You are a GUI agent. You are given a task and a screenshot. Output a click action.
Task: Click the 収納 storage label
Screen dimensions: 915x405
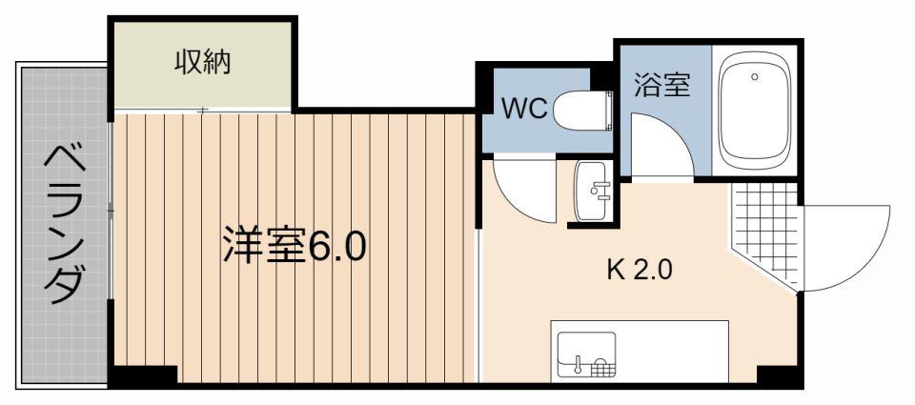202,63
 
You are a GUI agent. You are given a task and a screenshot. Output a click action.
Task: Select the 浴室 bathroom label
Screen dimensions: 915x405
662,87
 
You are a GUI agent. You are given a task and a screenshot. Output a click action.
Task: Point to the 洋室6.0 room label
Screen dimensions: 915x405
295,247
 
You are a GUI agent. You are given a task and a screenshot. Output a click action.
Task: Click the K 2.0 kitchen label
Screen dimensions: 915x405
640,271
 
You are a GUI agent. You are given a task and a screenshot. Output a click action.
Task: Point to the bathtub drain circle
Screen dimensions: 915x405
755,76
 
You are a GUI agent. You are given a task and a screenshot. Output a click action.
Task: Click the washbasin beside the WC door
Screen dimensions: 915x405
593,191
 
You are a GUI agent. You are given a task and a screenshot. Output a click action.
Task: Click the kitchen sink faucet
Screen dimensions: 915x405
579,363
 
